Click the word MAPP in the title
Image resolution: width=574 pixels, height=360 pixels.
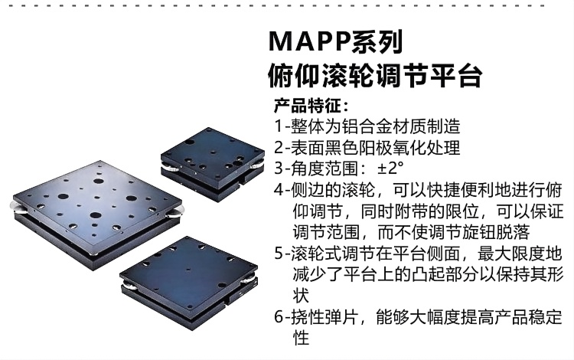(x=310, y=41)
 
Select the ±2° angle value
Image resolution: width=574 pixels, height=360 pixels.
(x=390, y=168)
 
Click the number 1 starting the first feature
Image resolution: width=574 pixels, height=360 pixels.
(x=279, y=126)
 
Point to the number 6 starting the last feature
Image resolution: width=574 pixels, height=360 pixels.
(x=279, y=317)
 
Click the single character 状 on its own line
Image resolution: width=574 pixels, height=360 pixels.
(x=301, y=296)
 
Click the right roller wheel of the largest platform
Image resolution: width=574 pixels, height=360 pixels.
(x=176, y=211)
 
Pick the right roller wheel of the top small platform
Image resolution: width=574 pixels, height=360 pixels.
(x=257, y=165)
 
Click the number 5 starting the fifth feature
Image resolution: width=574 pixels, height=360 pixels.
(x=279, y=254)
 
